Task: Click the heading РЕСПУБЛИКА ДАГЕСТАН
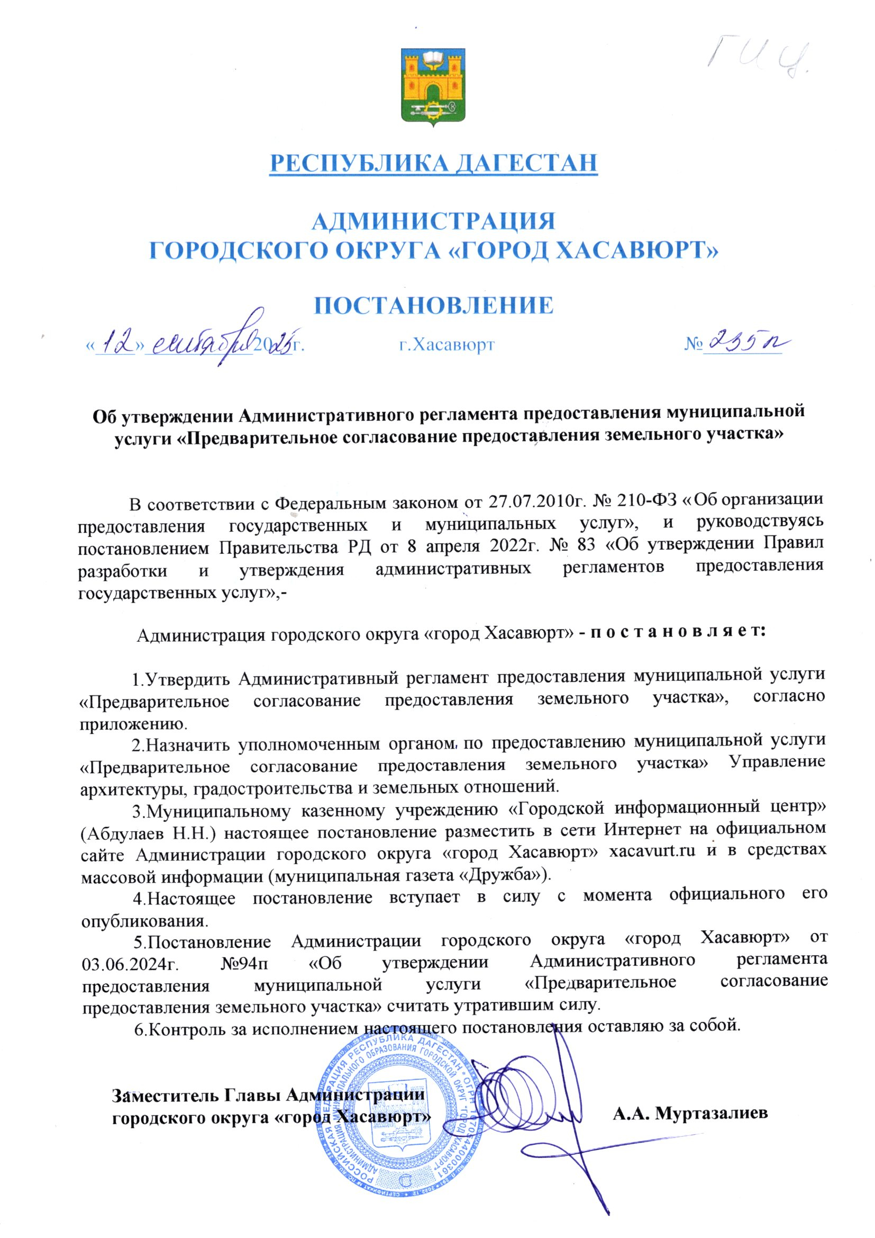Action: point(434,163)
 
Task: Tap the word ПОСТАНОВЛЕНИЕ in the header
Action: point(434,305)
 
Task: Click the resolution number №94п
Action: point(247,964)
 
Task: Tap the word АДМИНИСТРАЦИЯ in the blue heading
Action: point(434,221)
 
